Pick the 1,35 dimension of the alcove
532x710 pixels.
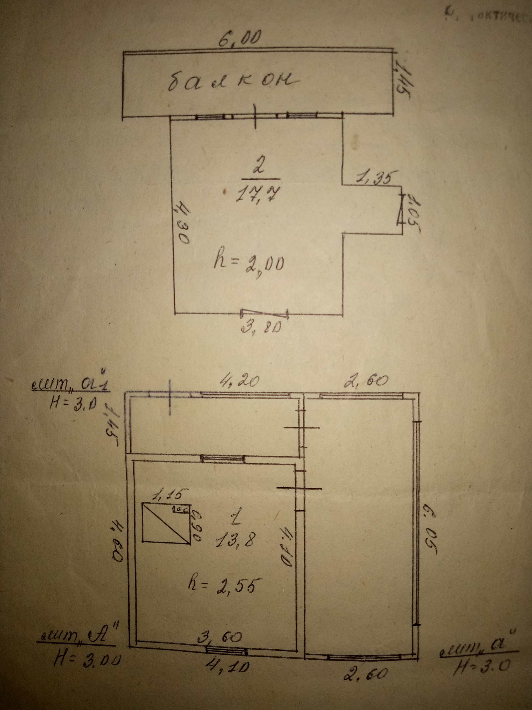pos(378,177)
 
